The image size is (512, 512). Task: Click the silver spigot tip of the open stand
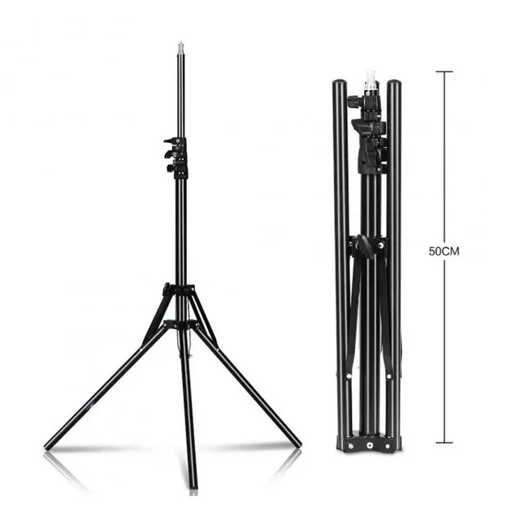coord(180,49)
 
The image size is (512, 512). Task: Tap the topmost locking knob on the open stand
coord(170,141)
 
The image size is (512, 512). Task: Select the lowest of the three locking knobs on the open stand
coord(171,168)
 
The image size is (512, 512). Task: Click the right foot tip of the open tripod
coord(297,443)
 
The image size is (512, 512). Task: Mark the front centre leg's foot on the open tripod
coord(193,485)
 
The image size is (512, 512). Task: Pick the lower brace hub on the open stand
coord(180,324)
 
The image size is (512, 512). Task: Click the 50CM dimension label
coord(444,252)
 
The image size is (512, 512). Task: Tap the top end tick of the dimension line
coord(444,72)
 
